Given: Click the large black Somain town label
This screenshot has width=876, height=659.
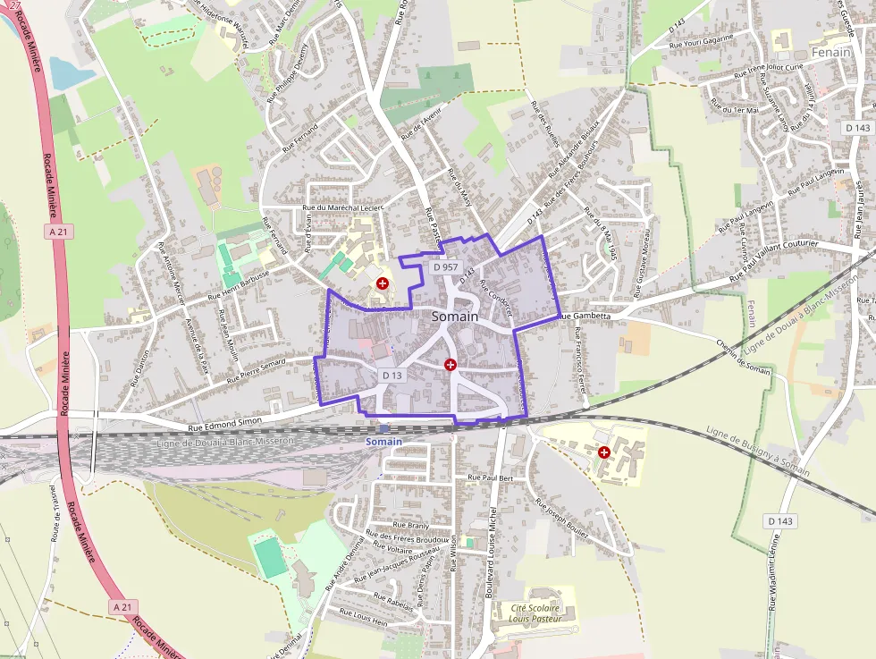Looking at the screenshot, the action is pyautogui.click(x=455, y=317).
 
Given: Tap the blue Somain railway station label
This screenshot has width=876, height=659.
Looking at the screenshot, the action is pyautogui.click(x=384, y=442).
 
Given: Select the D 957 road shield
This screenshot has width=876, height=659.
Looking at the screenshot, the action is pyautogui.click(x=444, y=266).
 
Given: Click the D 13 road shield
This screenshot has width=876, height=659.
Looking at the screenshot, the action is pyautogui.click(x=392, y=375).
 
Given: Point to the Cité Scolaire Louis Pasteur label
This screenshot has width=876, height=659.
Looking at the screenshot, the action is pyautogui.click(x=535, y=613).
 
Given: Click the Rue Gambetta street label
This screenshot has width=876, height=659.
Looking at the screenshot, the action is pyautogui.click(x=585, y=316).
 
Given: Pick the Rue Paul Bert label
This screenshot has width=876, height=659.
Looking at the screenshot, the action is pyautogui.click(x=491, y=478).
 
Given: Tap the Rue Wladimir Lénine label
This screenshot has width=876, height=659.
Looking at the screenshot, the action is pyautogui.click(x=774, y=573).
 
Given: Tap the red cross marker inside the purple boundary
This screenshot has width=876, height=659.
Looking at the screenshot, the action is pyautogui.click(x=451, y=365).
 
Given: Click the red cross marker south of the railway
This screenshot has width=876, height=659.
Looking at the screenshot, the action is pyautogui.click(x=605, y=452).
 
